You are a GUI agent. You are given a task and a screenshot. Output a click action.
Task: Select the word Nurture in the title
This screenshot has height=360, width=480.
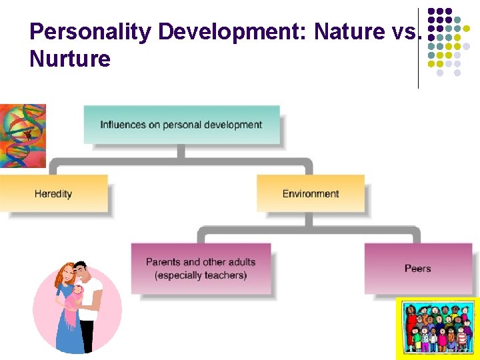70,59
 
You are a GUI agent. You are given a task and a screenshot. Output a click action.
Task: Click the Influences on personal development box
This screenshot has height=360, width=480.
181,125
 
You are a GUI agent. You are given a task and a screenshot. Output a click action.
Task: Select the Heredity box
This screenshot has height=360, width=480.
53,193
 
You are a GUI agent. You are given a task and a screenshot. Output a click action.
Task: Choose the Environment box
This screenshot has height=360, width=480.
311,193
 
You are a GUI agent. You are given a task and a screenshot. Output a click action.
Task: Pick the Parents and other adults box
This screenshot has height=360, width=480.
201,268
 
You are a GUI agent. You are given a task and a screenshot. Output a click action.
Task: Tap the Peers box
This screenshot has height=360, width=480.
418,268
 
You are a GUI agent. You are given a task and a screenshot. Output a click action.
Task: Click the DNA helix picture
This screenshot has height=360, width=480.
23,135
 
